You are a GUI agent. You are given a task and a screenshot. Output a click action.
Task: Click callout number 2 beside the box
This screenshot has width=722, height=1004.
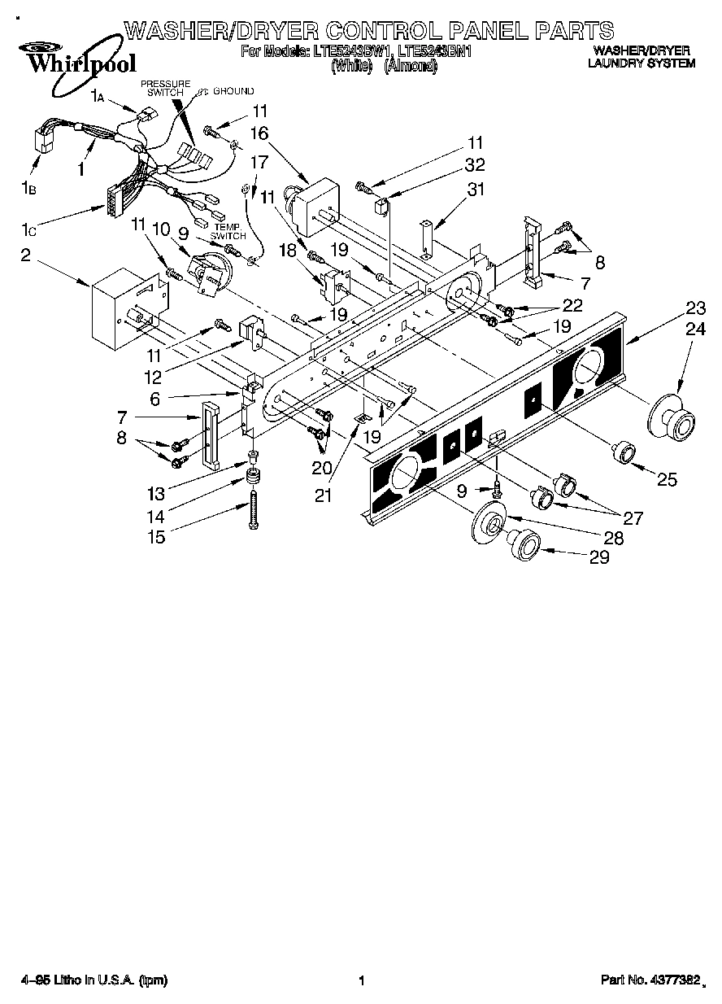25,255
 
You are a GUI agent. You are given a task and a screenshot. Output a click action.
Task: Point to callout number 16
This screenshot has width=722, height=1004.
259,133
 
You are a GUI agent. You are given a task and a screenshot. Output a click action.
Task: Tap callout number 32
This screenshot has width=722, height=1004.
475,166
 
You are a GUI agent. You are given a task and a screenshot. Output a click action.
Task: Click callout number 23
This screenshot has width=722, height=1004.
695,308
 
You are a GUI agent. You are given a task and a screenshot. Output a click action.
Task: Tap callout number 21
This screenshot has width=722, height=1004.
324,494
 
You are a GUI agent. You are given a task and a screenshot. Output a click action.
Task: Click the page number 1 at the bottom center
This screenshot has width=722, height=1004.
360,981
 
